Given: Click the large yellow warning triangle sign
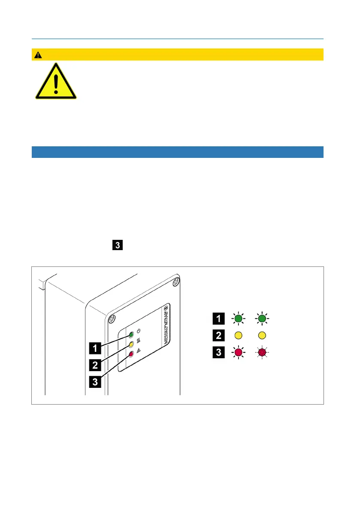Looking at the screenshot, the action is (x=56, y=83).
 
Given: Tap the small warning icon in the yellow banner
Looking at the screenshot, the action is (x=39, y=55).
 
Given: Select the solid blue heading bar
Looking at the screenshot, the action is (x=177, y=152).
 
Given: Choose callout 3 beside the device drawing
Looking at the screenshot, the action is (x=96, y=381).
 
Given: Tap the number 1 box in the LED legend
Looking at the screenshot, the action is (x=218, y=319).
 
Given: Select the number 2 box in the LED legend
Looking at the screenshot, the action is (x=218, y=336).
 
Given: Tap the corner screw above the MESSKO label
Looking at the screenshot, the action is (x=175, y=282).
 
